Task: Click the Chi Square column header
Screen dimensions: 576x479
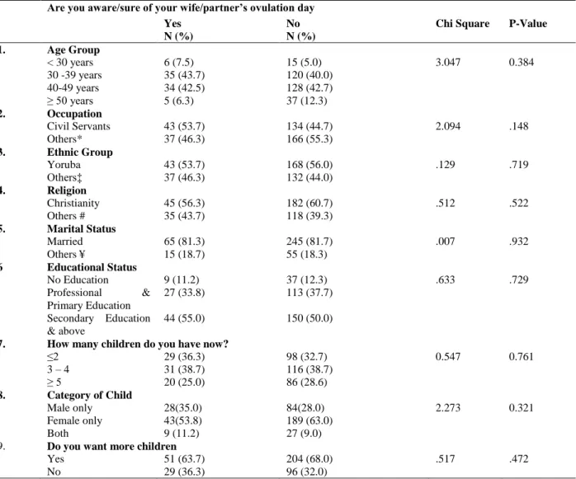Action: (x=462, y=23)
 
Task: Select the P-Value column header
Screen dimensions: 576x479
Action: (x=528, y=23)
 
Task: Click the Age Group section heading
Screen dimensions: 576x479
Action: (x=73, y=50)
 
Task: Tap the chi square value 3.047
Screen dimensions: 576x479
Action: (x=448, y=62)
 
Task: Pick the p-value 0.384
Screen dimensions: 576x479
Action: (x=521, y=62)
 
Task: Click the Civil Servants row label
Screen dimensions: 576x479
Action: (x=78, y=126)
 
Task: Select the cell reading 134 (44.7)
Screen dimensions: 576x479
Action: (x=309, y=126)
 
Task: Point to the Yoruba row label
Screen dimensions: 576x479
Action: (x=64, y=164)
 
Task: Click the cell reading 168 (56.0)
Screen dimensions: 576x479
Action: (x=309, y=164)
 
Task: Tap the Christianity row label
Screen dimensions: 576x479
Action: (x=73, y=203)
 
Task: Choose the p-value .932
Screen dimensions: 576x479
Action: (x=519, y=242)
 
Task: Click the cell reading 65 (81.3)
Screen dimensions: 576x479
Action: (x=184, y=242)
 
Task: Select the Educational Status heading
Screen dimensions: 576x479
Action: (x=92, y=267)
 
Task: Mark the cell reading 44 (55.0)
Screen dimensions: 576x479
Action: (x=184, y=318)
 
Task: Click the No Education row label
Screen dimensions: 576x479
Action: (x=78, y=279)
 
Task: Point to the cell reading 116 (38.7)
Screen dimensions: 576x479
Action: (x=309, y=369)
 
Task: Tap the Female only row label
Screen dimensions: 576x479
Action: (x=74, y=420)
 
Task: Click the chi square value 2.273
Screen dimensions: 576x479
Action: (x=448, y=407)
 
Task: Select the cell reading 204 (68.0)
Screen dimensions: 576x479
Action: (x=309, y=459)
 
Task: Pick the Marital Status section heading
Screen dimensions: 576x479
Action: (x=82, y=228)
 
